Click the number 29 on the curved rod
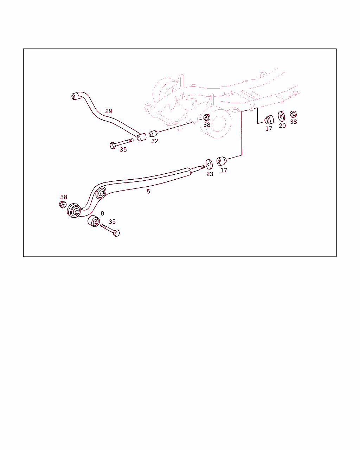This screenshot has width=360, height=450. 109,111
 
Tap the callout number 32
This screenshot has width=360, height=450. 155,141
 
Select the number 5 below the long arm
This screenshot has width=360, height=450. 148,192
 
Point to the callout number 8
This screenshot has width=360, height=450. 102,213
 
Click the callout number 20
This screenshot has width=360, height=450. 282,126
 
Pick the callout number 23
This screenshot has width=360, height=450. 210,174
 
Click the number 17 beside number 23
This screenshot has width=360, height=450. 224,171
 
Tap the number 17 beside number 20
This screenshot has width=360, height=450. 269,129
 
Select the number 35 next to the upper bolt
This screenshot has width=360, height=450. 123,149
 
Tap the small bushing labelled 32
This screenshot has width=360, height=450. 153,134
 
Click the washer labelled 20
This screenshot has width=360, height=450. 281,116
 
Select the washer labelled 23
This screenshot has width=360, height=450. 209,164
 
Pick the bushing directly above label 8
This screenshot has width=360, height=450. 94,221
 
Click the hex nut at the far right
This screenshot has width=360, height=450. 293,114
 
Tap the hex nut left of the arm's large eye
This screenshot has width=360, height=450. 63,205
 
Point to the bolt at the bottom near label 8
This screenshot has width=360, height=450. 110,230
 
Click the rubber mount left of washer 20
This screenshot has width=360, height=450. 269,120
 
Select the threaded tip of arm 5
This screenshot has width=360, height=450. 202,167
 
